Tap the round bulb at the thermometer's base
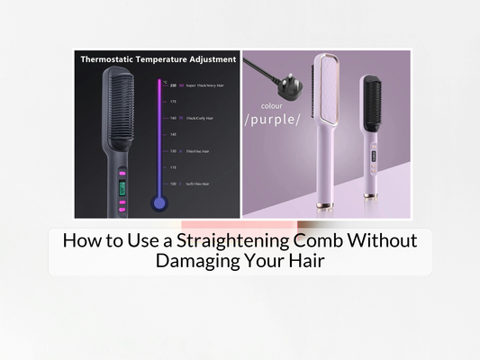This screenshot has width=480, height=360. pyautogui.click(x=159, y=203)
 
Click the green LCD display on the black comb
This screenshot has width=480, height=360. pyautogui.click(x=121, y=189)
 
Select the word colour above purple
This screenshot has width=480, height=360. pyautogui.click(x=271, y=106)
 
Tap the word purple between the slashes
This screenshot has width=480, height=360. pyautogui.click(x=272, y=120)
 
